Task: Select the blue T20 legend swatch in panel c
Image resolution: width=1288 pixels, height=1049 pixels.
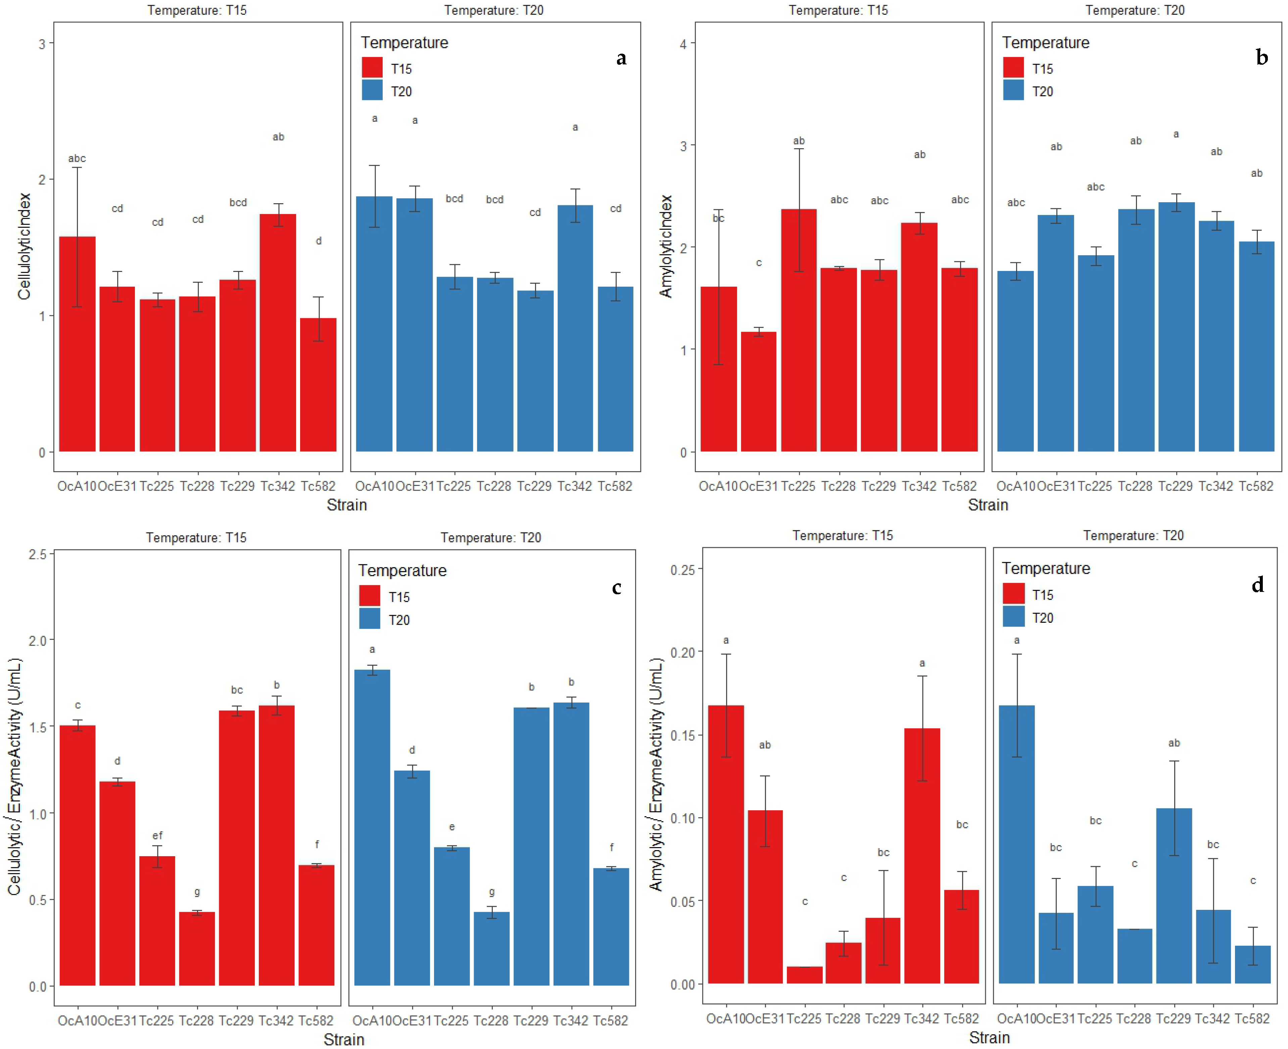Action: coord(370,619)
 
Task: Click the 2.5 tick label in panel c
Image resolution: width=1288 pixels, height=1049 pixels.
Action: coord(38,554)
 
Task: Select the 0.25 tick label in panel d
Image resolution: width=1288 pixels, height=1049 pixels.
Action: coord(683,569)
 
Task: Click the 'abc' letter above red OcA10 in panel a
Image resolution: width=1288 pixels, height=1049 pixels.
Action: coord(77,158)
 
